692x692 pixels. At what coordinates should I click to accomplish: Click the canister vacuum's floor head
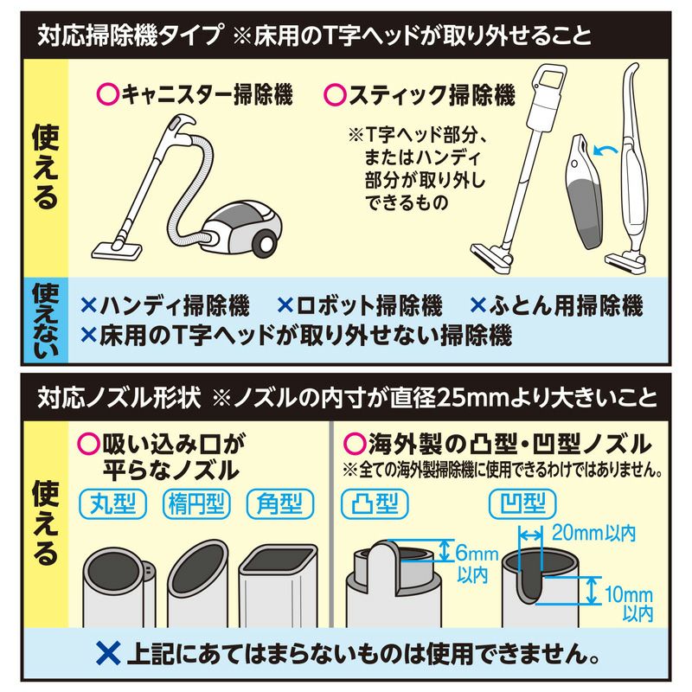click(x=117, y=250)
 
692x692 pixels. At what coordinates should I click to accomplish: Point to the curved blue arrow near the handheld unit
click(x=605, y=150)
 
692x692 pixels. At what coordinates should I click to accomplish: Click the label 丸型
click(x=112, y=503)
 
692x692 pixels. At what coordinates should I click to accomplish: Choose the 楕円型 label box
click(x=196, y=503)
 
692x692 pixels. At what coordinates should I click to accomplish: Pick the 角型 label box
click(x=279, y=503)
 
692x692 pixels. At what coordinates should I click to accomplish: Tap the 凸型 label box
click(x=375, y=503)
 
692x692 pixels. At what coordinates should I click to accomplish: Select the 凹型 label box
click(x=522, y=503)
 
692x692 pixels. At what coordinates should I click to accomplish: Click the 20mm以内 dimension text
click(x=593, y=533)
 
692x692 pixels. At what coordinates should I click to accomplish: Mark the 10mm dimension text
click(x=628, y=594)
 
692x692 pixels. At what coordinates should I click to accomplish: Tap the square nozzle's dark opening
click(x=279, y=557)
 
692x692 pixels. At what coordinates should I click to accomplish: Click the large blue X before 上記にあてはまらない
click(x=109, y=654)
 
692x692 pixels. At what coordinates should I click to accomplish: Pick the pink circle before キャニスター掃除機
click(x=108, y=94)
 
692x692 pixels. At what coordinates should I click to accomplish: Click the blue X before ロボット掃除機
click(x=285, y=305)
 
